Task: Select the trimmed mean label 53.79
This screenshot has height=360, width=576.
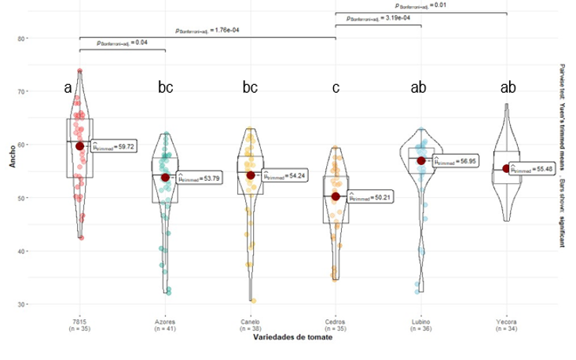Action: pyautogui.click(x=200, y=178)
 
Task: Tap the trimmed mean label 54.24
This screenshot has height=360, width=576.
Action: pyautogui.click(x=285, y=175)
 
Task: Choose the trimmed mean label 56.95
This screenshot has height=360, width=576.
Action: pyautogui.click(x=456, y=161)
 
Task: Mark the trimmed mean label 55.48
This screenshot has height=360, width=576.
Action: pyautogui.click(x=531, y=169)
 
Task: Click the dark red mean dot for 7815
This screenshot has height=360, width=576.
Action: pyautogui.click(x=79, y=146)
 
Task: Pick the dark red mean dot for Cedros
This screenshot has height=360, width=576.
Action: pyautogui.click(x=336, y=197)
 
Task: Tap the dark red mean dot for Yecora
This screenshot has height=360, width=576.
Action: pyautogui.click(x=507, y=168)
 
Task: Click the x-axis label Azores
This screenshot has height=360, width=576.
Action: pyautogui.click(x=165, y=322)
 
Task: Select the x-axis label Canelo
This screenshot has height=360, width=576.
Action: pyautogui.click(x=251, y=322)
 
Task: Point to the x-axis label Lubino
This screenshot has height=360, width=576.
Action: pyautogui.click(x=421, y=322)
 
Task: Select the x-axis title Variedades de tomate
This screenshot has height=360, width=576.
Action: pyautogui.click(x=292, y=339)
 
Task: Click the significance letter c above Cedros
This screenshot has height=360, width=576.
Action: pyautogui.click(x=336, y=88)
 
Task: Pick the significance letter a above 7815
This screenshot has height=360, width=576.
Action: pyautogui.click(x=69, y=88)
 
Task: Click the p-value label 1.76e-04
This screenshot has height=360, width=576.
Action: pyautogui.click(x=208, y=31)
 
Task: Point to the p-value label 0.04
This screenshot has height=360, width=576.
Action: pyautogui.click(x=123, y=43)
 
